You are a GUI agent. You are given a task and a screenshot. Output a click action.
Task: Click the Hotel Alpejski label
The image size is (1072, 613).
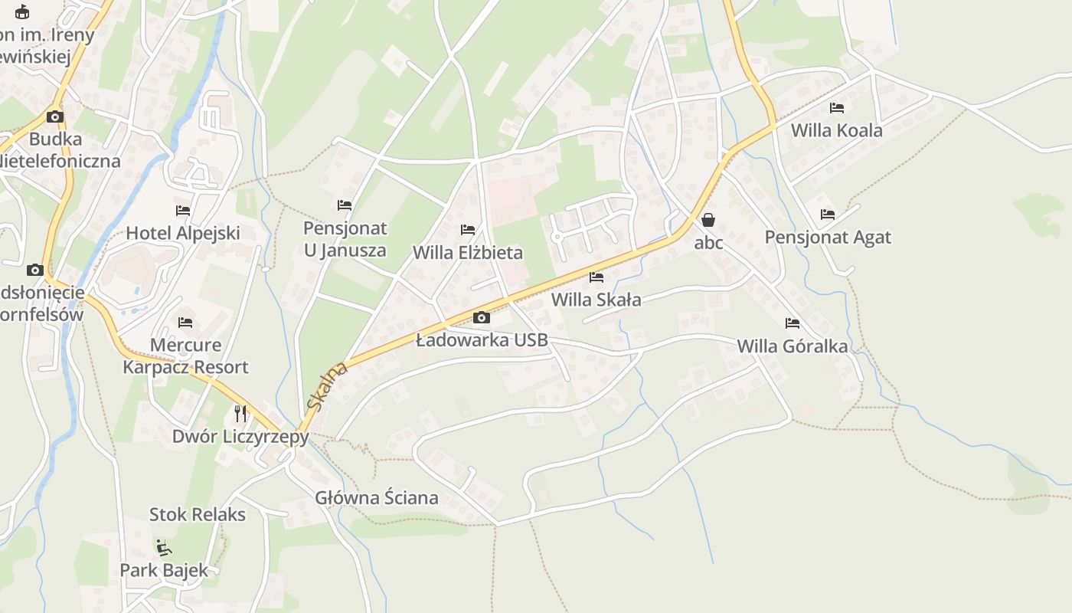click(x=183, y=233)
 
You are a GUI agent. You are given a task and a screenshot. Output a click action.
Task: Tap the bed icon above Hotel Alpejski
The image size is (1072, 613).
click(x=183, y=210)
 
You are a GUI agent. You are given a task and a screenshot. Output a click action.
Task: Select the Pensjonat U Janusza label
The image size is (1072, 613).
click(x=345, y=239)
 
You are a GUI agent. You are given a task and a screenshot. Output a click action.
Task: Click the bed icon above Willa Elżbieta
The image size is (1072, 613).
click(x=468, y=229)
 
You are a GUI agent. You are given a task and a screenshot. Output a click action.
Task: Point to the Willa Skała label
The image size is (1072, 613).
click(x=596, y=300)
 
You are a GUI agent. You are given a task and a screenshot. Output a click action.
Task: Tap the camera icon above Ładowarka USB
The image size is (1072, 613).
click(x=481, y=317)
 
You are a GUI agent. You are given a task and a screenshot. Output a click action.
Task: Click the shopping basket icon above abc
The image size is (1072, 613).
click(x=708, y=220)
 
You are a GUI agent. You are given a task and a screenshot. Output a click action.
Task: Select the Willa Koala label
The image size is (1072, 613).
click(x=836, y=130)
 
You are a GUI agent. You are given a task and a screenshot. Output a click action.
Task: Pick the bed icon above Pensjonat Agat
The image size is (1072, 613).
click(x=828, y=215)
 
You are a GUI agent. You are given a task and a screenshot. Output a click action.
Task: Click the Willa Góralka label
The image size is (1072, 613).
click(x=793, y=346)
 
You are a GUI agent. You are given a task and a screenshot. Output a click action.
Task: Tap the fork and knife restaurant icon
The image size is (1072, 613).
click(x=240, y=414)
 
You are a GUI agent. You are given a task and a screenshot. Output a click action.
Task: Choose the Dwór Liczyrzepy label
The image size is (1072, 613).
click(x=240, y=437)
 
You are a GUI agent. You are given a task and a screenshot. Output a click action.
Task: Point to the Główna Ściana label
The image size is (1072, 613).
click(x=377, y=498)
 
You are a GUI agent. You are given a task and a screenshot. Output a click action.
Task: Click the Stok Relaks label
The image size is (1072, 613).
click(x=198, y=514)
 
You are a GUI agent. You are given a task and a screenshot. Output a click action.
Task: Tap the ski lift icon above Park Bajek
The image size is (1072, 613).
click(x=164, y=547)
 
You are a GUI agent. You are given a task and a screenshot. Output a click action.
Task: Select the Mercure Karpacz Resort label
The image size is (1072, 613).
click(x=185, y=356)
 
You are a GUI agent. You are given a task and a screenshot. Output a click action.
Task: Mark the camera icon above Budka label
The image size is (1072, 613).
click(x=55, y=116)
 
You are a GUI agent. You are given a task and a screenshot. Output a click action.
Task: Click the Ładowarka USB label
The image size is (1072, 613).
click(x=482, y=339)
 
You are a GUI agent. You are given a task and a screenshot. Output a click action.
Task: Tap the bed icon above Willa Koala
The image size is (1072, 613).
click(x=837, y=108)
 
